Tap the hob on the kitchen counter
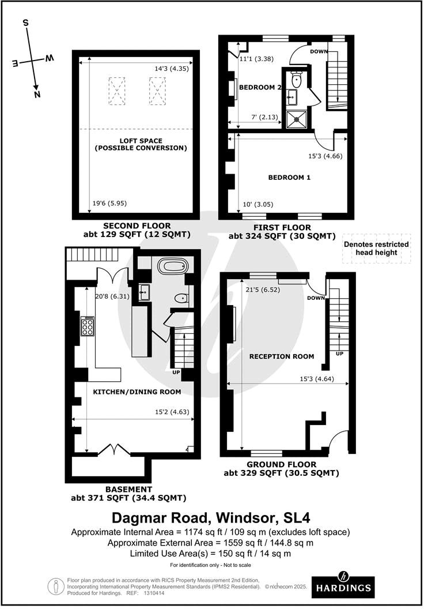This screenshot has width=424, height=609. (88, 326)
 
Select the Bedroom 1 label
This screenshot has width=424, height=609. (289, 178)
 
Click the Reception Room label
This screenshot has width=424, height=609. (281, 356)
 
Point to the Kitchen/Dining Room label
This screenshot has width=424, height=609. (137, 392)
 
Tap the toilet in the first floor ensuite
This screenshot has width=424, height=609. (296, 79)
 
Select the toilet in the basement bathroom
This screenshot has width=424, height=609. (180, 298)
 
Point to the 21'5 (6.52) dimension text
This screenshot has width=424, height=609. (262, 290)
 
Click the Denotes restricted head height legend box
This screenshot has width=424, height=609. (376, 249)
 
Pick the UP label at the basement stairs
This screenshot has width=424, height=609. (177, 373)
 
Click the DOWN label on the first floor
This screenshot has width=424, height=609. (319, 51)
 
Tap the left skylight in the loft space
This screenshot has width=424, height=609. (117, 91)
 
